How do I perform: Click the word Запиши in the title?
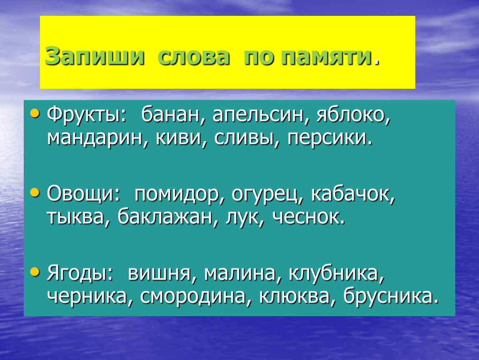point(95,57)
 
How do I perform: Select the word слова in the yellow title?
point(193,57)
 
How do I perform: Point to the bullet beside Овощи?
point(35,192)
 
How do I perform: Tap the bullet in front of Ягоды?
point(35,272)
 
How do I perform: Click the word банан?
point(170,115)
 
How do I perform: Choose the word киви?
point(179,137)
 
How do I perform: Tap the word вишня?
point(159,273)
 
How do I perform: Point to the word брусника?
point(388,296)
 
